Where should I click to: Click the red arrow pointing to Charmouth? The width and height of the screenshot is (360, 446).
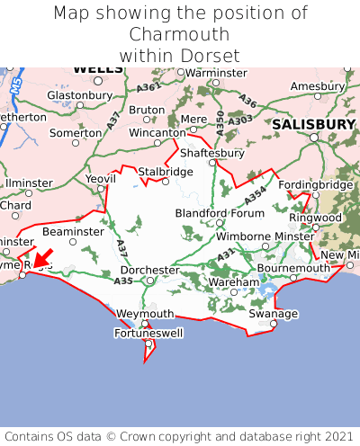(x=41, y=258)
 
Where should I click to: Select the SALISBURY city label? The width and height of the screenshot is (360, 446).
(x=314, y=123)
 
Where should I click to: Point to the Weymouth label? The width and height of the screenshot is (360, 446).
(x=145, y=314)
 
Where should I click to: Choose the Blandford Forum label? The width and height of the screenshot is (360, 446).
(x=219, y=213)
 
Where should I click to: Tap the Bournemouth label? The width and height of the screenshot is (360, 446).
(x=293, y=268)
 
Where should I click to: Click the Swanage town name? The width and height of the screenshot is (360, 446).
(x=273, y=314)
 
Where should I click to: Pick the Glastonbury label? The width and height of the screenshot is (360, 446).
(x=79, y=94)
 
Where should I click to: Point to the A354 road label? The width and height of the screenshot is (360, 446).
(x=256, y=193)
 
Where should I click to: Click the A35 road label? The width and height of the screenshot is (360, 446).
(x=123, y=281)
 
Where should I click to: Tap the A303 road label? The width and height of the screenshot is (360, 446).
(x=240, y=120)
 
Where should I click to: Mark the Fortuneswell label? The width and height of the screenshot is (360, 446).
(x=148, y=334)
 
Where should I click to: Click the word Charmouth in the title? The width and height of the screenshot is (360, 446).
(x=180, y=34)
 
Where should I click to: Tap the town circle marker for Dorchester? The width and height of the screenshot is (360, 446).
(x=150, y=281)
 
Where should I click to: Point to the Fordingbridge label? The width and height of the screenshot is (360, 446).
(x=316, y=184)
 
